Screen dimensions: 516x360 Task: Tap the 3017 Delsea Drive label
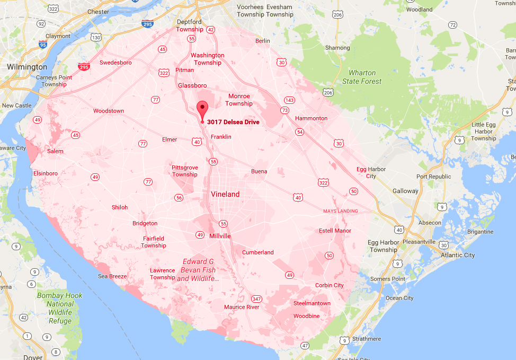point(233,122)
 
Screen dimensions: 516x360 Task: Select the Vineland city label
point(225,194)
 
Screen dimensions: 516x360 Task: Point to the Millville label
point(220,235)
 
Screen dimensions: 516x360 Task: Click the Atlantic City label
point(458,255)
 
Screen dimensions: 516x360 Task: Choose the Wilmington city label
point(27,67)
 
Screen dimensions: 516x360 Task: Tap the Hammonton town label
point(311,118)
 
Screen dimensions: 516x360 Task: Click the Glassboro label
point(192,85)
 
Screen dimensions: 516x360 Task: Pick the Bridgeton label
point(145,223)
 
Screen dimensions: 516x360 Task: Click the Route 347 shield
point(257,299)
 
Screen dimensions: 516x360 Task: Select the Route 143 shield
point(289,100)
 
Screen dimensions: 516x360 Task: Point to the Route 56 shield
point(179,198)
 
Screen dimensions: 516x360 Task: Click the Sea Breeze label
point(112,276)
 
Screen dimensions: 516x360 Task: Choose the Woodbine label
point(306,316)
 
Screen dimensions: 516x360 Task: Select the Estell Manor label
point(335,231)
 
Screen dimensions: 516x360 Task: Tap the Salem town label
point(55,151)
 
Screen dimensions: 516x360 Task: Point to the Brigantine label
point(481,232)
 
